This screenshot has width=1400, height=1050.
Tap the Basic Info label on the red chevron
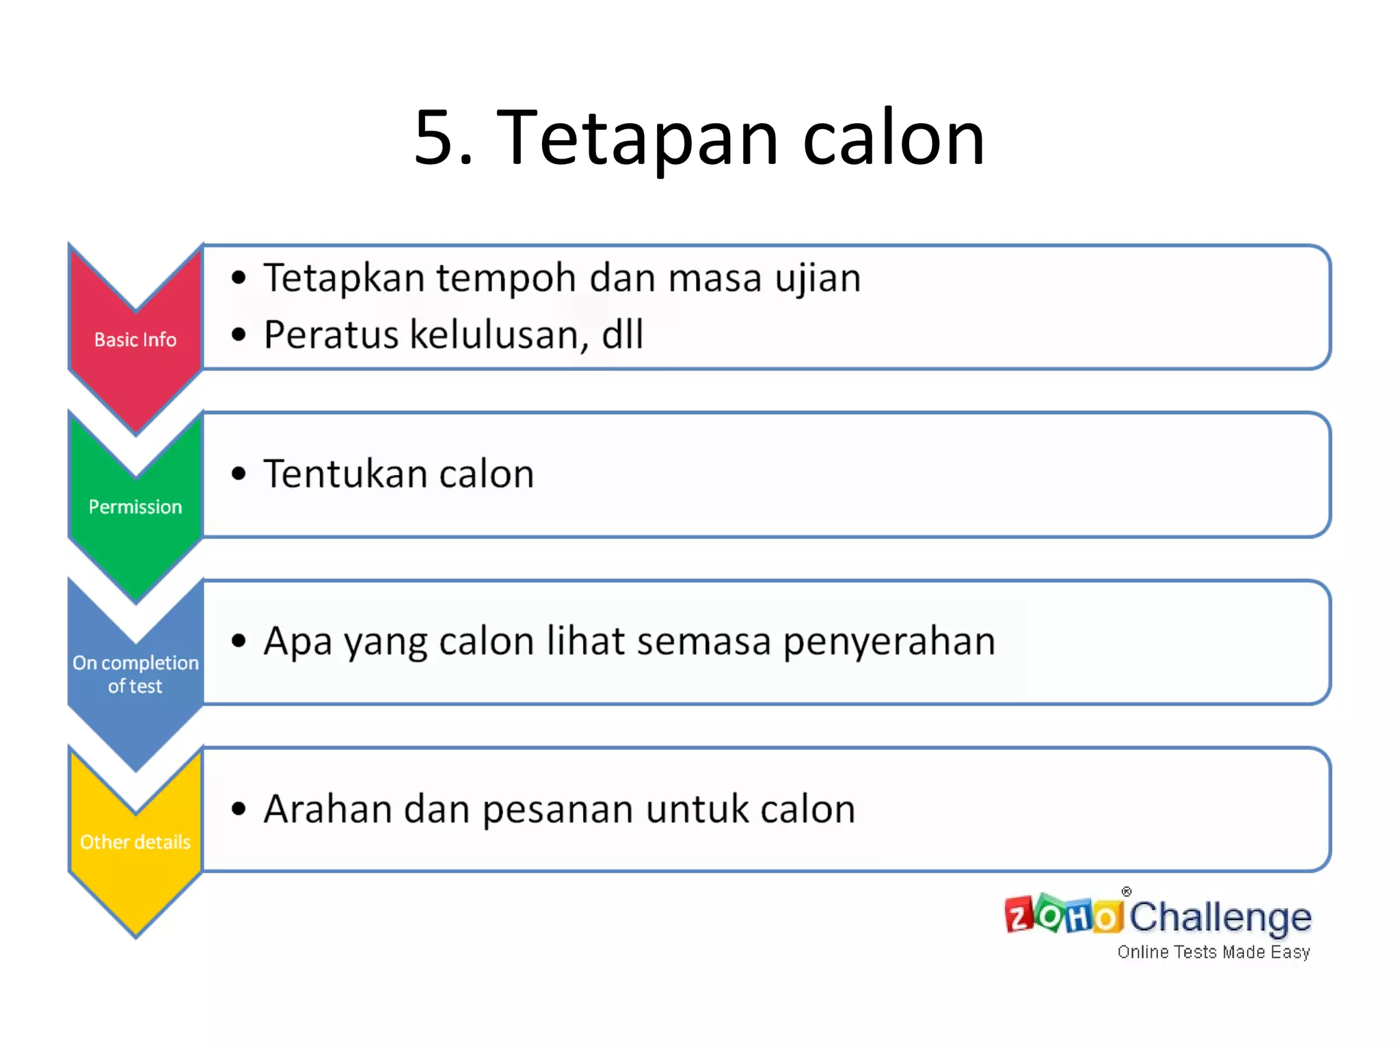point(135,340)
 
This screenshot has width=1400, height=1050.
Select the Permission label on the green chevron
point(135,507)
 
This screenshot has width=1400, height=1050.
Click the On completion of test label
point(135,674)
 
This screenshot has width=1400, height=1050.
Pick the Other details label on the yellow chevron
point(135,842)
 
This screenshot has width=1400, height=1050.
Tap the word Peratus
point(332,335)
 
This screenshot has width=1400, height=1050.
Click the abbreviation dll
point(623,335)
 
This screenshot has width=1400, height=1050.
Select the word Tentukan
point(345,474)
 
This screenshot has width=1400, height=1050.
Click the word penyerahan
point(889,643)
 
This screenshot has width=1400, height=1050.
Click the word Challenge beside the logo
point(1220,917)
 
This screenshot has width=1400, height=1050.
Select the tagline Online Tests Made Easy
point(1213,952)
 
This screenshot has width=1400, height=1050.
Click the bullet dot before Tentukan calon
point(238,474)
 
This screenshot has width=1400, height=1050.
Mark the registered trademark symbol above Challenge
point(1127,891)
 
